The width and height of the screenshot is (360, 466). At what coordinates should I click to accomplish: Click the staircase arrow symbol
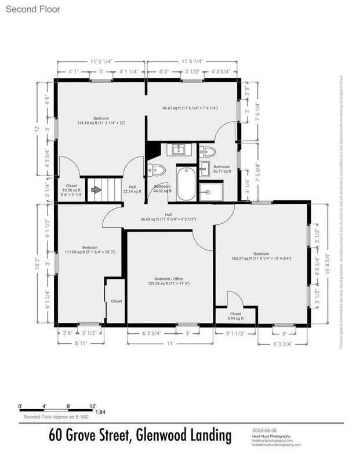[x=95, y=189]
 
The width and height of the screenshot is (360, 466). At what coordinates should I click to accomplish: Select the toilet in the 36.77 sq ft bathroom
[x=207, y=152]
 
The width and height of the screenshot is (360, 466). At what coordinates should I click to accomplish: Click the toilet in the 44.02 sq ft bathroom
[x=156, y=170]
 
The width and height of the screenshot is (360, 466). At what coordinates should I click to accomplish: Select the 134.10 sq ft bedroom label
[x=101, y=121]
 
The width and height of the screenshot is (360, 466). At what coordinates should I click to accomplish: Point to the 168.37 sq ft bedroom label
[x=261, y=256]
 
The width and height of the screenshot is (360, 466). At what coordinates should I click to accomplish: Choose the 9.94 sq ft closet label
[x=235, y=316]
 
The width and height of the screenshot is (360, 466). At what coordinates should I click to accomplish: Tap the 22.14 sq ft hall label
[x=129, y=188]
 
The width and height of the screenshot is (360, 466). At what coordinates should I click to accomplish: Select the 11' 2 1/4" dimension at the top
[x=100, y=60]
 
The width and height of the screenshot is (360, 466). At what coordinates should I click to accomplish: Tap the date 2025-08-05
[x=266, y=431]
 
